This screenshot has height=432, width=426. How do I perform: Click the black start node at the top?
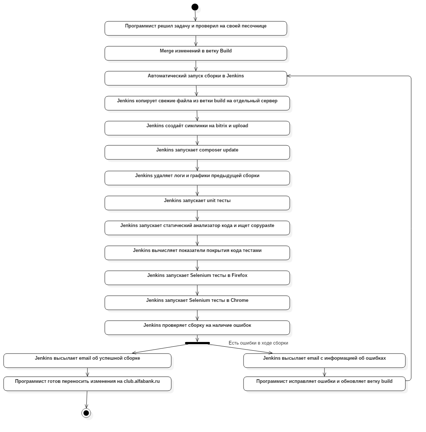(x=195, y=7)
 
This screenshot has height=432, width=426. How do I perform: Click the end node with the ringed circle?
(x=86, y=413)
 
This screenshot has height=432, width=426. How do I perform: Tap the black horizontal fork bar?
(x=197, y=343)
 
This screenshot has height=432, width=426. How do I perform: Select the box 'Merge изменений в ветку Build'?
(x=196, y=53)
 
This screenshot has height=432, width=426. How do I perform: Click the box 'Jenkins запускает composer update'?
(x=197, y=152)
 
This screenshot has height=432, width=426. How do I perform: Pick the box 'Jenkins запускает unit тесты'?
(x=197, y=203)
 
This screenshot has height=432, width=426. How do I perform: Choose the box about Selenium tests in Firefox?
(x=197, y=278)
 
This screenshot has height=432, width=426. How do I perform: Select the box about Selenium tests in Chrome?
(x=197, y=303)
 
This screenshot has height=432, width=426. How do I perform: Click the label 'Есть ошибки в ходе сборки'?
(x=258, y=343)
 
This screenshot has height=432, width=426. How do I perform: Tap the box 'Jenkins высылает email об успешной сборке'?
(x=87, y=361)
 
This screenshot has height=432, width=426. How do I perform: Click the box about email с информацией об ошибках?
(x=324, y=361)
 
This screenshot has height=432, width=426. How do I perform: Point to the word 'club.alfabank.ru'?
(x=142, y=381)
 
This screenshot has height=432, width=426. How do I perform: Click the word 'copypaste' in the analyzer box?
(x=262, y=226)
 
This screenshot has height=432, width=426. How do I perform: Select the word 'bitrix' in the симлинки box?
(x=221, y=126)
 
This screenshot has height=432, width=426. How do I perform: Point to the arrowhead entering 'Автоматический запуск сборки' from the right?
(x=289, y=76)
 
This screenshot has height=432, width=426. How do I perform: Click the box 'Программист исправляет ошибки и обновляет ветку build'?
(x=324, y=384)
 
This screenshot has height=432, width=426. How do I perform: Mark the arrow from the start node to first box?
(x=195, y=16)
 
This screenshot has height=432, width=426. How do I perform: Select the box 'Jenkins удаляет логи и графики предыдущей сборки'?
(x=197, y=178)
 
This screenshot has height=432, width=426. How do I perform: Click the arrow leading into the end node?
(x=87, y=400)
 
